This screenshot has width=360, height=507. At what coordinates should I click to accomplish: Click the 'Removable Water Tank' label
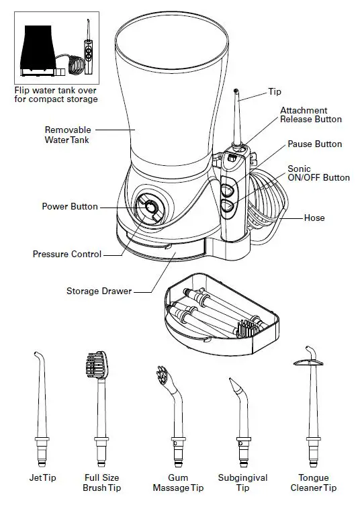click(67, 134)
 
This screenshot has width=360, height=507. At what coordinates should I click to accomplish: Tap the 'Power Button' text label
click(70, 207)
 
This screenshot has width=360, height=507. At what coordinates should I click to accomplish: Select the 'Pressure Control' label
click(67, 255)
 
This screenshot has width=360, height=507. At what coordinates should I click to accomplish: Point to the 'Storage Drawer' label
click(99, 291)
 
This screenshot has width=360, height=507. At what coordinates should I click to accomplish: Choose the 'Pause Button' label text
click(314, 144)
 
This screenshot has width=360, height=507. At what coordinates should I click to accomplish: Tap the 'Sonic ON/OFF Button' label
click(318, 173)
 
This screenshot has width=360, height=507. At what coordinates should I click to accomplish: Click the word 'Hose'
click(314, 218)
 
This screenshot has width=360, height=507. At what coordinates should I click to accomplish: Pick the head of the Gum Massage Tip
click(163, 376)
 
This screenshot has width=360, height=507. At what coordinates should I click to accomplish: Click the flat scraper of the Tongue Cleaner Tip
click(310, 363)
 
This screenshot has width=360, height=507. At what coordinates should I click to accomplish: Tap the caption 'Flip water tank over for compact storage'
click(56, 95)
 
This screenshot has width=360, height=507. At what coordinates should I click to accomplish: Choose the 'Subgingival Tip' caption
click(242, 483)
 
